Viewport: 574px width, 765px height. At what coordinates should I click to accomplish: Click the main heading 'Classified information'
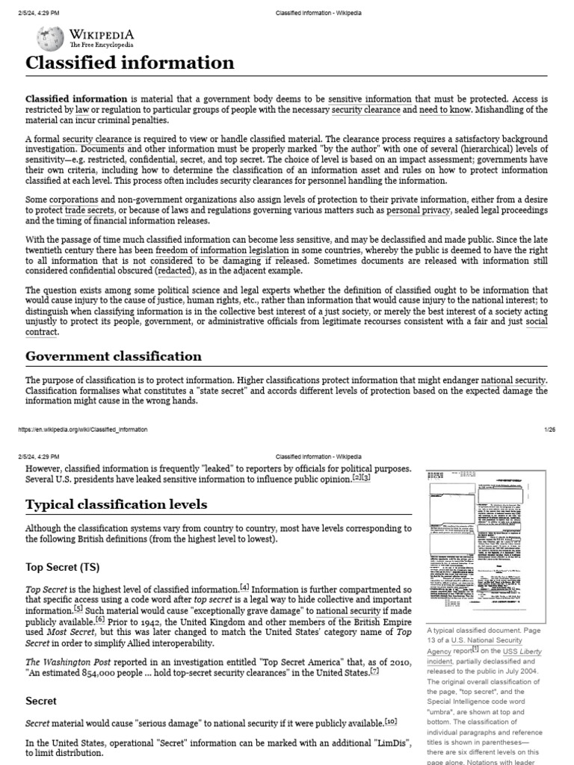pos(130,63)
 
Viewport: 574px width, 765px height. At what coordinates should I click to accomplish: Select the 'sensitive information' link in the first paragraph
pos(370,99)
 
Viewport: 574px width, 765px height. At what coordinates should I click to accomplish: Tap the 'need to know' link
pos(445,110)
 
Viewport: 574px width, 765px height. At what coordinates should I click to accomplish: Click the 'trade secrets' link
pos(88,210)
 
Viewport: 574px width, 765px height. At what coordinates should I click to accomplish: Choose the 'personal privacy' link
pos(419,210)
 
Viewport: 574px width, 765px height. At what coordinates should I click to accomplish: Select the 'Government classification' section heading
pos(114,356)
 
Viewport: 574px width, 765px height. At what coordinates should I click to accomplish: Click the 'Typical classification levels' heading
pos(117,504)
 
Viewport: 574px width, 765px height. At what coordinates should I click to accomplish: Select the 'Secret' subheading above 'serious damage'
pos(42,701)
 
